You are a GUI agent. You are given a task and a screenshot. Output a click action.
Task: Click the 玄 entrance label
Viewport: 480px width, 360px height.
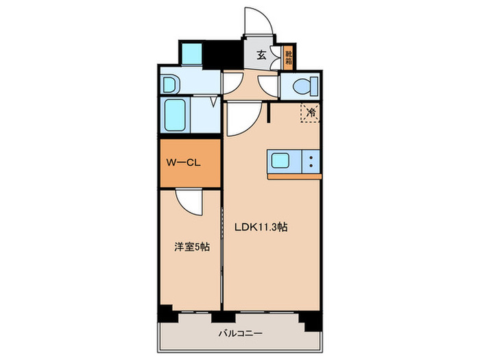point(261,56)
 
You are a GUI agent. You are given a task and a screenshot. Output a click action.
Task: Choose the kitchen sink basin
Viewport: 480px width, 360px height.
point(282,162)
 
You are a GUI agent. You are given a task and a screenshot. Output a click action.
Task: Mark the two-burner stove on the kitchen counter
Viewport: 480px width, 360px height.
point(311,162)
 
